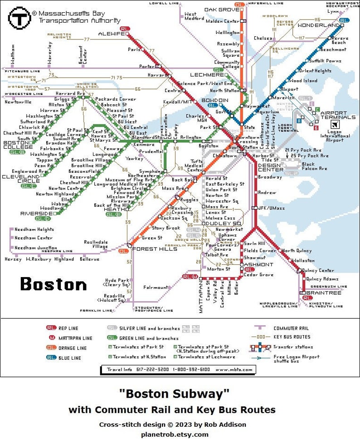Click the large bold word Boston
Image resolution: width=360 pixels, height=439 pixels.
click(x=54, y=284)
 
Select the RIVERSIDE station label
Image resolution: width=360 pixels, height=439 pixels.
click(x=36, y=213)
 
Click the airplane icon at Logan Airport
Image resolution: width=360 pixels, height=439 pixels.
click(x=334, y=125)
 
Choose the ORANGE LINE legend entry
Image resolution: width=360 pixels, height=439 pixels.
click(x=72, y=348)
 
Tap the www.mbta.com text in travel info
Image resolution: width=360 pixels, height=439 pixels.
click(x=234, y=370)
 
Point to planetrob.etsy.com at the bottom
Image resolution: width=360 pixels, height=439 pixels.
click(x=175, y=434)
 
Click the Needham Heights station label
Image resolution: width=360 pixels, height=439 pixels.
click(x=34, y=229)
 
